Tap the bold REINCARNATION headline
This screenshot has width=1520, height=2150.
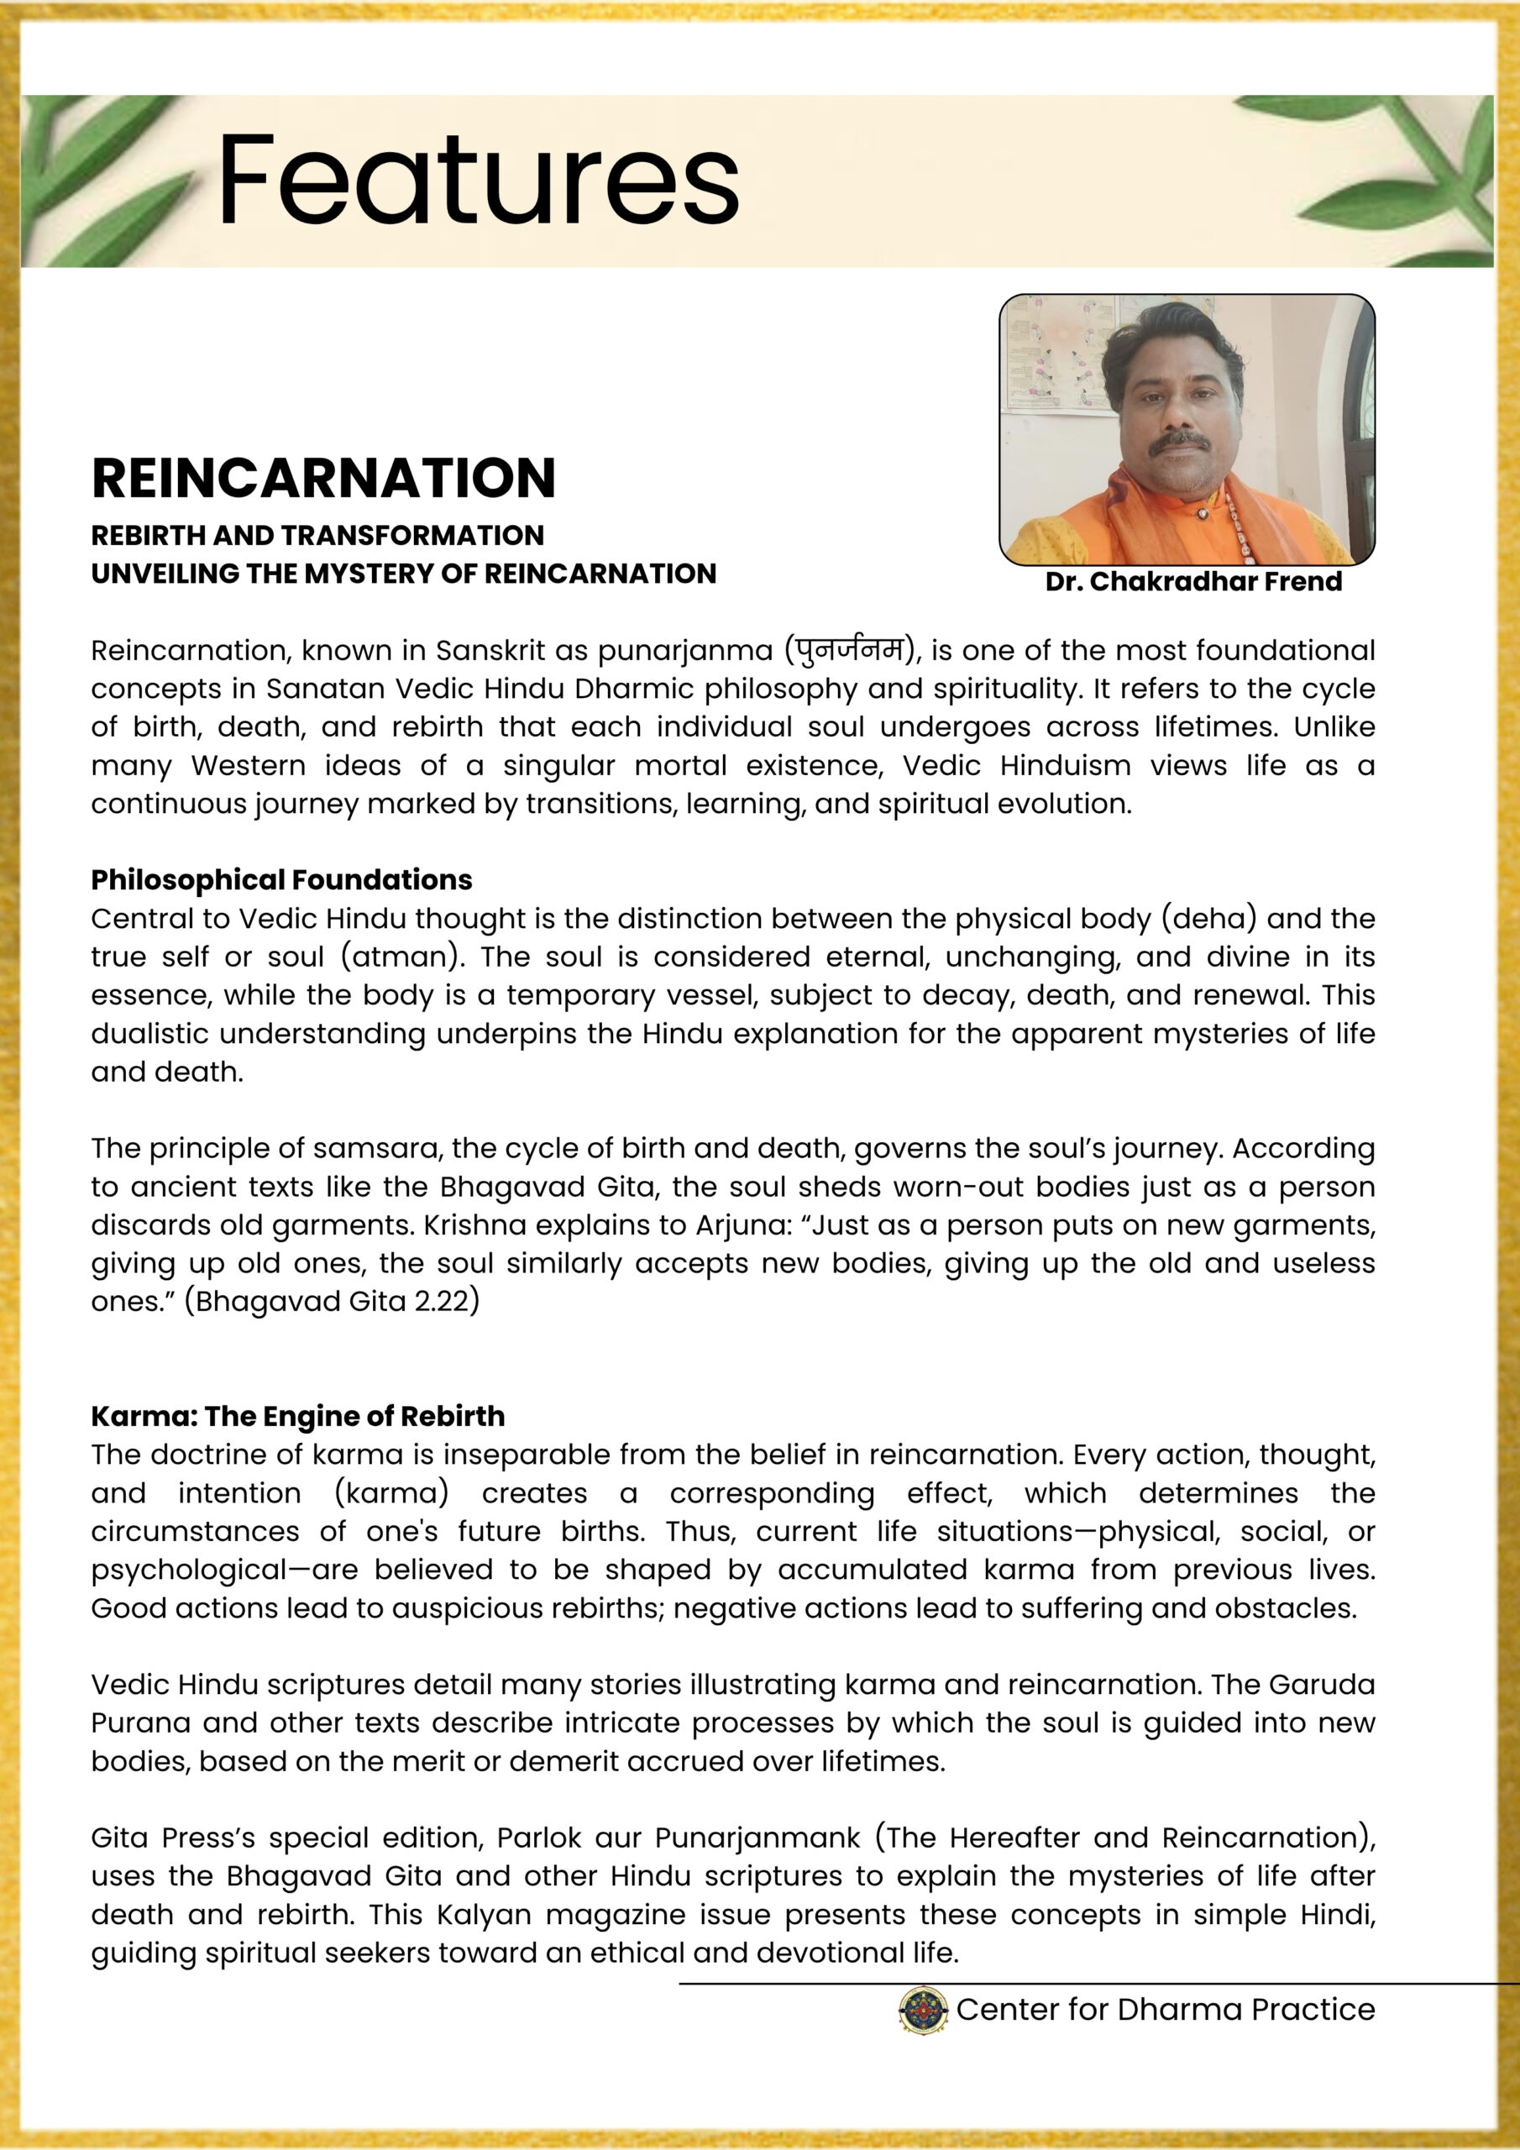click(323, 478)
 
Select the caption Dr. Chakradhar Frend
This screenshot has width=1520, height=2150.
click(1193, 581)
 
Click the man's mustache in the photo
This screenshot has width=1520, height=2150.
click(1178, 441)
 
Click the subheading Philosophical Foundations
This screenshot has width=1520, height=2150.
click(281, 879)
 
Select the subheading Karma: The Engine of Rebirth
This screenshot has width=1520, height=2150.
click(298, 1416)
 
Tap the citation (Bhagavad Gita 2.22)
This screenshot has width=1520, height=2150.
click(332, 1301)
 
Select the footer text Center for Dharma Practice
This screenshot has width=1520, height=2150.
click(1165, 2009)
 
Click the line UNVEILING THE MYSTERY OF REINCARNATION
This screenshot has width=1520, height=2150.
click(404, 573)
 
